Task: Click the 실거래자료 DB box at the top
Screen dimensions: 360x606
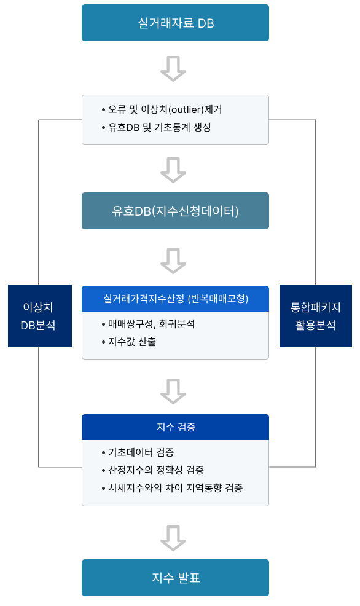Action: point(175,23)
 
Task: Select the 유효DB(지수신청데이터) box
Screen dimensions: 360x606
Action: point(175,211)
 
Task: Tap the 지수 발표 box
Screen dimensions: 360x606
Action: point(175,577)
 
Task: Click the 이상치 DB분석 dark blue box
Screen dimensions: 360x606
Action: point(40,316)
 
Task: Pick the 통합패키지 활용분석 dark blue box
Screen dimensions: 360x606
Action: point(316,316)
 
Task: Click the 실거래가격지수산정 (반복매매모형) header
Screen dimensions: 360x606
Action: point(175,299)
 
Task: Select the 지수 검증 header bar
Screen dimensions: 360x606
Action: point(175,427)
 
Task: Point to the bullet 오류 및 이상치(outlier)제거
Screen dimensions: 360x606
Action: point(162,110)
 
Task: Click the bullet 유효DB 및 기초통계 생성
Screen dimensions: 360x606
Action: point(156,127)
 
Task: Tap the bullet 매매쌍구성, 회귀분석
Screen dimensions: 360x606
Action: point(148,324)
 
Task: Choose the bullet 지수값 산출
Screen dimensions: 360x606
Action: point(128,342)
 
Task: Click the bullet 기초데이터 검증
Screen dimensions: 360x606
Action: point(138,452)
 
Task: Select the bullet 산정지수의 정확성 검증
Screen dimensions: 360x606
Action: point(152,470)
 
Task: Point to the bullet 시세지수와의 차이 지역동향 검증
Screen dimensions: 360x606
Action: point(172,488)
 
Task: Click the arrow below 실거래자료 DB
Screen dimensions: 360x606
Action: point(173,69)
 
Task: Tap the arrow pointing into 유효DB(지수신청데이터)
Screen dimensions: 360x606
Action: point(173,170)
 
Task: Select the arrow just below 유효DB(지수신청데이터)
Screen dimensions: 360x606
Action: point(173,261)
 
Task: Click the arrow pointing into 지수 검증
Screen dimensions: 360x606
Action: point(173,392)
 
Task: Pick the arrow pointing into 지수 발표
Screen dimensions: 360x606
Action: point(173,538)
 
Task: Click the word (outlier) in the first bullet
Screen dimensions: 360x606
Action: point(186,110)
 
